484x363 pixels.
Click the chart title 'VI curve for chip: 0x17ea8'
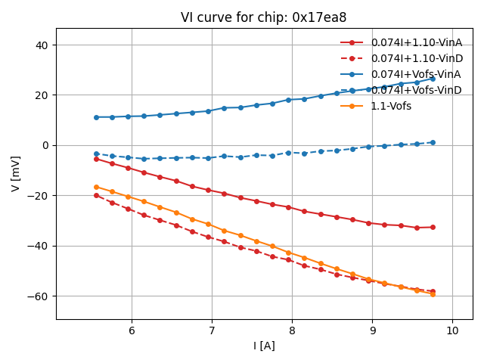263,17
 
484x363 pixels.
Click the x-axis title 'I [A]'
264,346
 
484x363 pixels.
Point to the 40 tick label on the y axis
42,45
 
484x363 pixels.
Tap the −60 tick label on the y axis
38,296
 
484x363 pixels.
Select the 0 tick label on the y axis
45,145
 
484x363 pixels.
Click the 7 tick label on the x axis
212,331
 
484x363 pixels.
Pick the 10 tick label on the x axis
452,331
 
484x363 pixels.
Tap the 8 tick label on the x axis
292,331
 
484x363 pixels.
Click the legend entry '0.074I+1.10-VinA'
416,42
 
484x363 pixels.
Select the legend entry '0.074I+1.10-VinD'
416,58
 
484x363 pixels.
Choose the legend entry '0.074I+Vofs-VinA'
416,74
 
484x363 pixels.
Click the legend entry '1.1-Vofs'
391,106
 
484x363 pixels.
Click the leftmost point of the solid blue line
96,117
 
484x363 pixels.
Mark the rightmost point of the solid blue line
433,78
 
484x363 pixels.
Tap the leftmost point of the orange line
96,187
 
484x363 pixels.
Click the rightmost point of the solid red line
433,227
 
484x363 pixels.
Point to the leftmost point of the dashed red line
96,195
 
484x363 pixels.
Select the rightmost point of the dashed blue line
433,142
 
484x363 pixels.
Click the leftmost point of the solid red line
96,159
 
